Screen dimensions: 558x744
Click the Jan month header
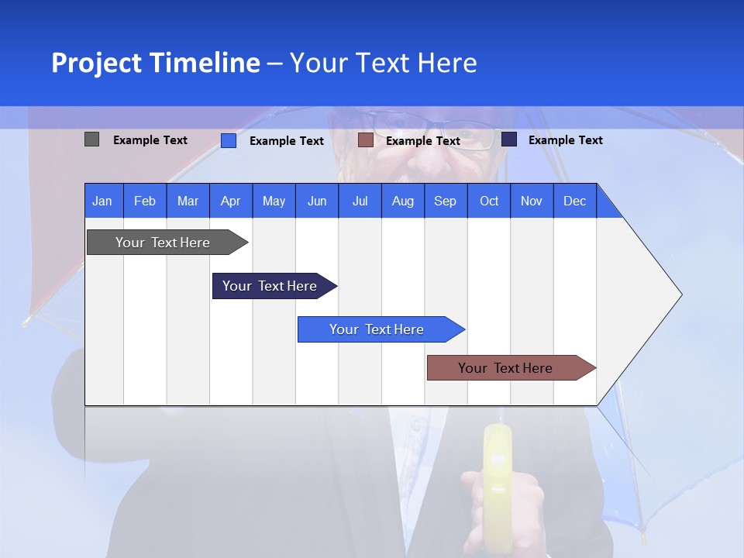pyautogui.click(x=102, y=201)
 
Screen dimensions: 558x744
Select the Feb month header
pyautogui.click(x=145, y=201)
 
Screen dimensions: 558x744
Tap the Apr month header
pyautogui.click(x=230, y=201)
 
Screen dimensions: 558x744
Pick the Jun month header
pyautogui.click(x=317, y=201)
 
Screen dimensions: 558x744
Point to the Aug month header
pyautogui.click(x=402, y=201)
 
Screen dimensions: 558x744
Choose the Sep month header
pyautogui.click(x=445, y=201)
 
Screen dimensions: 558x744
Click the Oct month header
pyautogui.click(x=489, y=201)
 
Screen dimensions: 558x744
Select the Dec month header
pyautogui.click(x=574, y=201)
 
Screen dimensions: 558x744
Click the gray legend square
pyautogui.click(x=92, y=139)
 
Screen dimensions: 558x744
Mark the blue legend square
pyautogui.click(x=229, y=140)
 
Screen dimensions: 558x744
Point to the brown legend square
pyautogui.click(x=366, y=140)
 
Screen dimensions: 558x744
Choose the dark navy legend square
pyautogui.click(x=509, y=139)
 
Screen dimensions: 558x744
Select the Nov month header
pyautogui.click(x=531, y=201)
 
